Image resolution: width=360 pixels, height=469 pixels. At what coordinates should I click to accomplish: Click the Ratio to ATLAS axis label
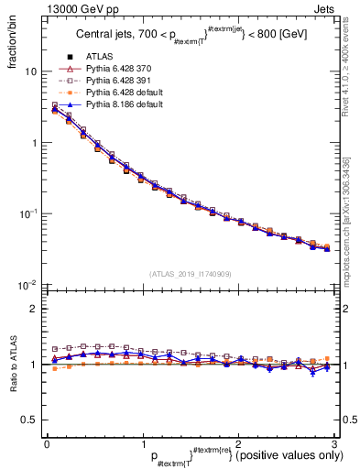click(x=12, y=364)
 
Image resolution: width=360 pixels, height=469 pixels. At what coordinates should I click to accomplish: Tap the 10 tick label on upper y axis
click(x=30, y=71)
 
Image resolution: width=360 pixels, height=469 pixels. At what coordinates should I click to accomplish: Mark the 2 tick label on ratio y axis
click(x=34, y=309)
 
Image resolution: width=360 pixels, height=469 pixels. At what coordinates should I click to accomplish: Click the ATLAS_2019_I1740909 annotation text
click(x=191, y=273)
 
